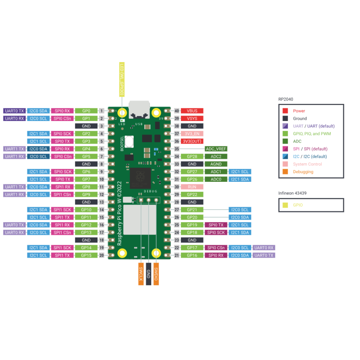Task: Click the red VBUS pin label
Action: (x=192, y=111)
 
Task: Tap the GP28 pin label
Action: (x=192, y=156)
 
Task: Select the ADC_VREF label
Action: (x=216, y=148)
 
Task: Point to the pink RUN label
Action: (x=192, y=187)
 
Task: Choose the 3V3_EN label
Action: (x=192, y=134)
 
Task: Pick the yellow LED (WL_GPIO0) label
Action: (x=121, y=79)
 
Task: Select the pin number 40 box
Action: (x=177, y=111)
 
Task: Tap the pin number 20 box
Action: (x=102, y=255)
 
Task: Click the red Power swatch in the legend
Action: (x=285, y=111)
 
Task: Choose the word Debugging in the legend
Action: (x=303, y=171)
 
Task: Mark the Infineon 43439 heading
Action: (x=292, y=193)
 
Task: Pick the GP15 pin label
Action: (x=86, y=255)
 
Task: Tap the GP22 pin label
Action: (x=192, y=194)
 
